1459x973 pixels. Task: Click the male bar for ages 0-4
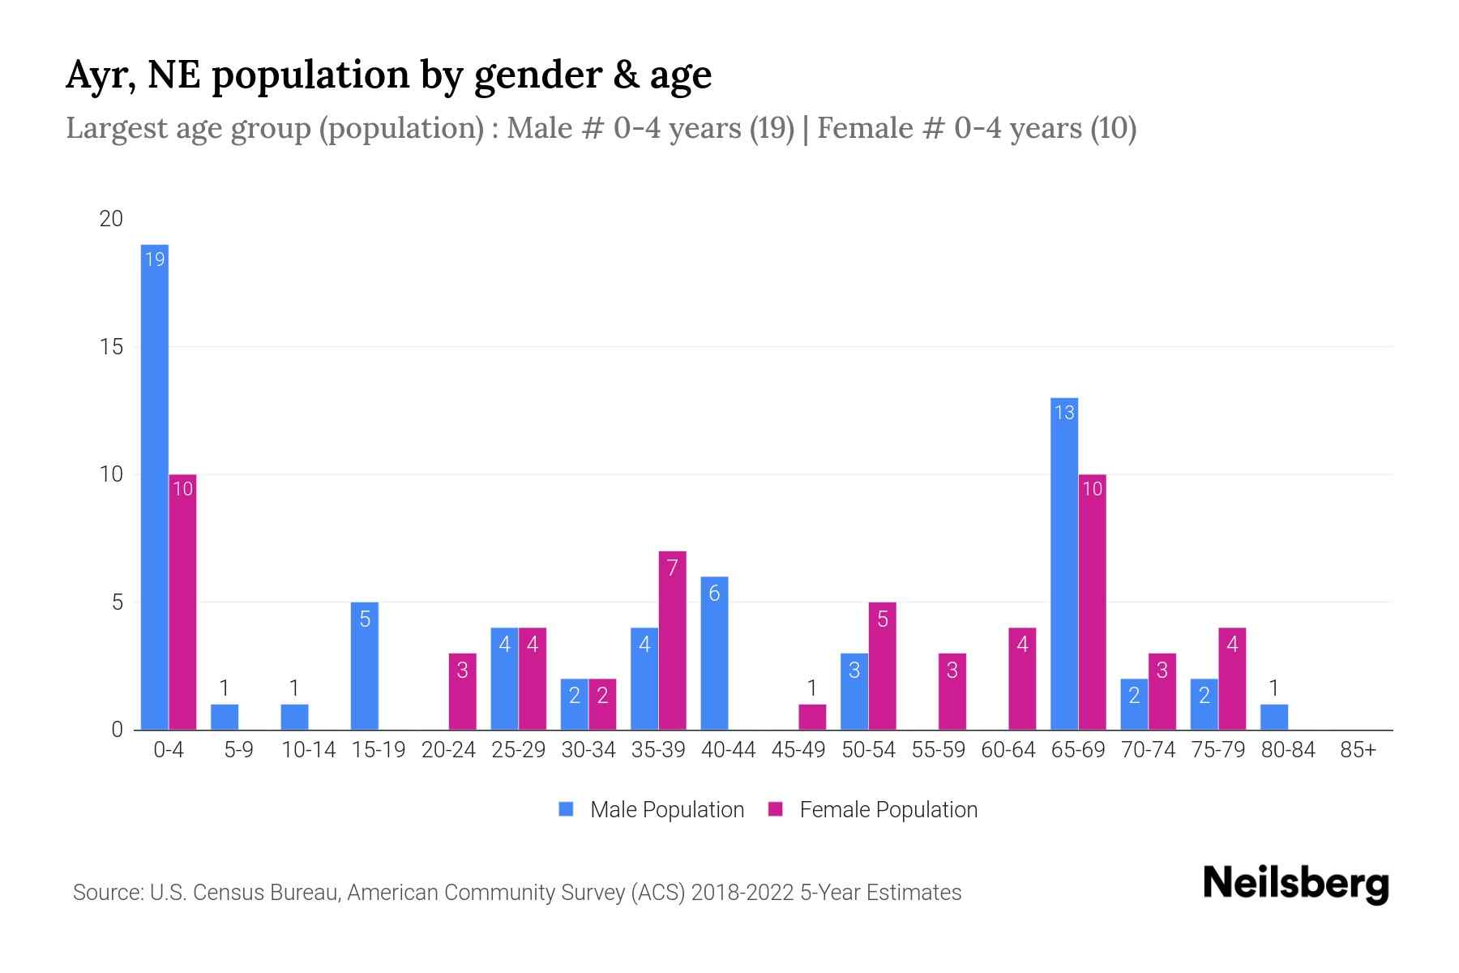(154, 486)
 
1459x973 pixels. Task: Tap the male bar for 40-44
(714, 654)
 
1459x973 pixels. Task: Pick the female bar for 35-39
(672, 641)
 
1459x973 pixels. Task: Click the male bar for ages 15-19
(365, 667)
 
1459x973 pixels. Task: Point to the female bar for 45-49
(812, 717)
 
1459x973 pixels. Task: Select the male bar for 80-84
(1273, 717)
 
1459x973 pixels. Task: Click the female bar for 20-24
(462, 692)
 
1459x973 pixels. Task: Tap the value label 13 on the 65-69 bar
(1064, 413)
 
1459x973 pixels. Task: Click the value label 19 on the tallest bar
(154, 259)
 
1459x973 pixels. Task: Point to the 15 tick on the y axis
(111, 347)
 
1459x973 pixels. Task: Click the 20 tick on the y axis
(111, 219)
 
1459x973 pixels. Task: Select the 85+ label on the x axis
(1358, 750)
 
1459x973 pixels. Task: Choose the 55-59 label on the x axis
(938, 750)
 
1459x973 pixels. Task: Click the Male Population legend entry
(652, 810)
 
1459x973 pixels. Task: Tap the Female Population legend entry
(873, 810)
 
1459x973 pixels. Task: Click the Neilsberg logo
(1295, 884)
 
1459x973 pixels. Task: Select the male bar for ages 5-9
(225, 717)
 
